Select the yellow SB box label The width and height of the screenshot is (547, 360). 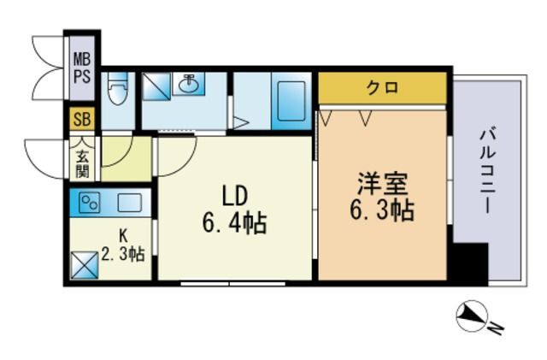point(82,119)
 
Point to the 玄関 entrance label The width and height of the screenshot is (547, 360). point(83,162)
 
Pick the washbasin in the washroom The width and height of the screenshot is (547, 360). point(190,85)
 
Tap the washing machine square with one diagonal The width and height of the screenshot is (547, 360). point(157,85)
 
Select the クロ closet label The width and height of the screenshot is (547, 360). point(382,87)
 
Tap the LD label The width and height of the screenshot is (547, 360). point(234,197)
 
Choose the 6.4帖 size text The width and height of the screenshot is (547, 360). point(234,224)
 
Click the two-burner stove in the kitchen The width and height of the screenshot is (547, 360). point(90,204)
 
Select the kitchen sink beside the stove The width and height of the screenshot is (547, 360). point(129,204)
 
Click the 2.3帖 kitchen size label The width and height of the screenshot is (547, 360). point(123,254)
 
